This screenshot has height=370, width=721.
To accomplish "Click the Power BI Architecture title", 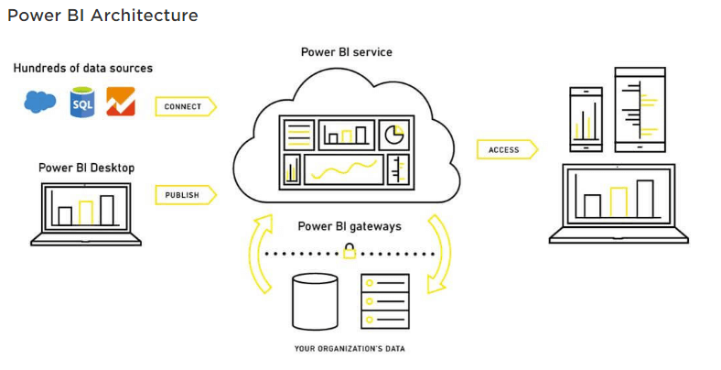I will pos(102,16).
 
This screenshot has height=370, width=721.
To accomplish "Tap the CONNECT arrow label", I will pos(184,106).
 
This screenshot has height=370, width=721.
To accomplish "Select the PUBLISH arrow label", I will pos(184,194).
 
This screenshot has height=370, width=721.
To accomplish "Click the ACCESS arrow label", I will pos(505,149).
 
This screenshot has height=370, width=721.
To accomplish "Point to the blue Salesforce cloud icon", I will pos(39,102).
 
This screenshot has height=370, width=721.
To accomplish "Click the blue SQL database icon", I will pos(82,102).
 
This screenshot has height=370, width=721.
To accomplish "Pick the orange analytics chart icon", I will pos(121,102).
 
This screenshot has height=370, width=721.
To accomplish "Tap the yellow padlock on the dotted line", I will pos(349,252).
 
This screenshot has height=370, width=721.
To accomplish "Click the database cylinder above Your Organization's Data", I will pos(314,301).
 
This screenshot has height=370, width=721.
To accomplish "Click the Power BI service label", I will pos(346,52).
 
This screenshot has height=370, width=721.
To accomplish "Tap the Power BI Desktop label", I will pos(86,168).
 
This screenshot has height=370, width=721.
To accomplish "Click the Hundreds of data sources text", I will pos(82,69).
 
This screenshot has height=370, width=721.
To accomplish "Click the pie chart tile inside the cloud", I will pos(394,135).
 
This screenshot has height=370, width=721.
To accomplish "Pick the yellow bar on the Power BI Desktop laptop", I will pos(86,212).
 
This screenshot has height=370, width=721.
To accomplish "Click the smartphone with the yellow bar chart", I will pos(586,119).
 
